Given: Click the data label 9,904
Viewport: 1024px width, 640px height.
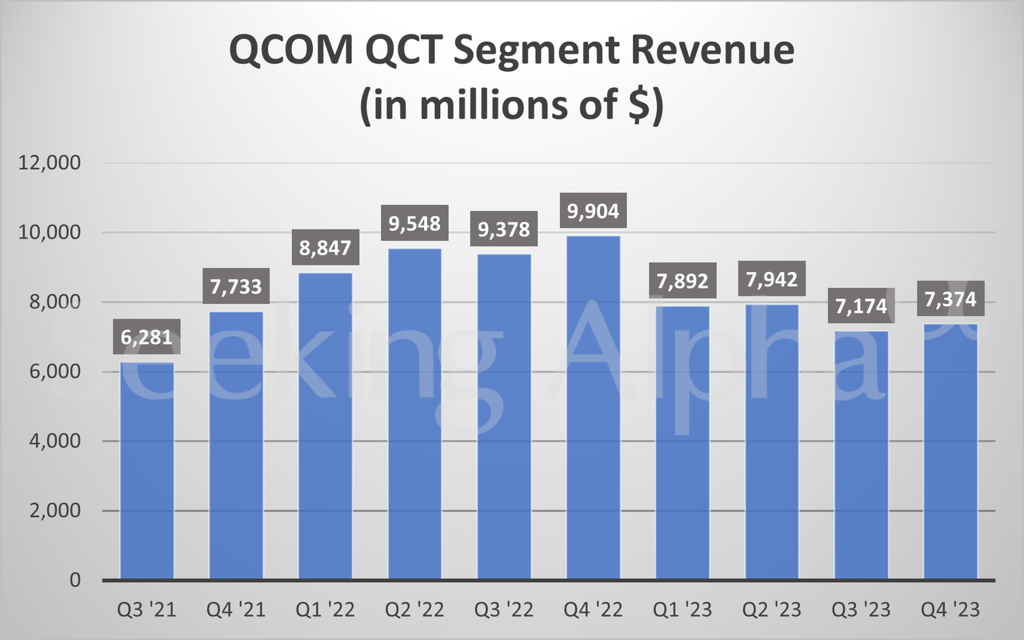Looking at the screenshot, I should coord(593,213).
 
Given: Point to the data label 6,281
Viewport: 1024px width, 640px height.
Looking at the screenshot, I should coord(146,338).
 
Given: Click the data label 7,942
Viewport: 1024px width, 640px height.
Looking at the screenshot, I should coord(772,280).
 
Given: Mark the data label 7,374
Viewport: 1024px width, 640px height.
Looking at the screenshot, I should coord(950,300).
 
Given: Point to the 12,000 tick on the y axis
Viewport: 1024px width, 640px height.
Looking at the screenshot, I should coord(50,163).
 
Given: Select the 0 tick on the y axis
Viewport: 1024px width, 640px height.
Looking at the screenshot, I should coord(74,580).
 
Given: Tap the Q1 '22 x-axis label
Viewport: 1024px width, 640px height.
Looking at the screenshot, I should coord(326,610).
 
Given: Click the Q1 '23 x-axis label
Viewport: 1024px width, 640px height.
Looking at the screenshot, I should coord(682,610).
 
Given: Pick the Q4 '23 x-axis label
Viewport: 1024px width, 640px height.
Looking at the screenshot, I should coord(950,610).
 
